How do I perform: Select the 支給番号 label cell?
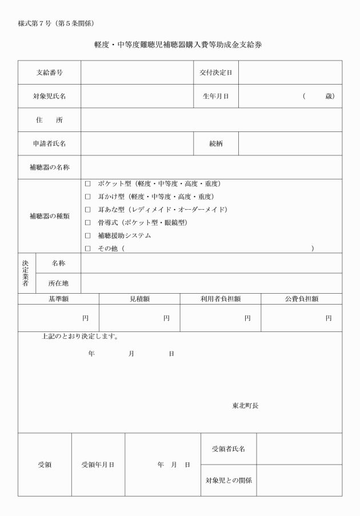[49, 73]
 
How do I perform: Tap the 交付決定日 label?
[215, 73]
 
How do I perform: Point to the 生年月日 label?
[215, 96]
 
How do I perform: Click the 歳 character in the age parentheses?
[329, 96]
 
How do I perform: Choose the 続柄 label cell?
[215, 143]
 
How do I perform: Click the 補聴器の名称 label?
[49, 167]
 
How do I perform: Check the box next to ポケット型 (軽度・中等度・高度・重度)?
[87, 184]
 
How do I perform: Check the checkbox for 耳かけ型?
[87, 197]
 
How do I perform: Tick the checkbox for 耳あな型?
[87, 210]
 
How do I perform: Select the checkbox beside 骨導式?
[87, 222]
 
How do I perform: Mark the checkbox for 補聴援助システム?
[87, 235]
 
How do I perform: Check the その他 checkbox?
[87, 249]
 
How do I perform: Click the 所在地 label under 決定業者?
[58, 283]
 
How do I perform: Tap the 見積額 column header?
[139, 298]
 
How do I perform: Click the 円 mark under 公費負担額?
[329, 318]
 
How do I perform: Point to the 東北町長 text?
[245, 406]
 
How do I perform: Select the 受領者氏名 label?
[229, 449]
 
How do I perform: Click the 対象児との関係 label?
[229, 480]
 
